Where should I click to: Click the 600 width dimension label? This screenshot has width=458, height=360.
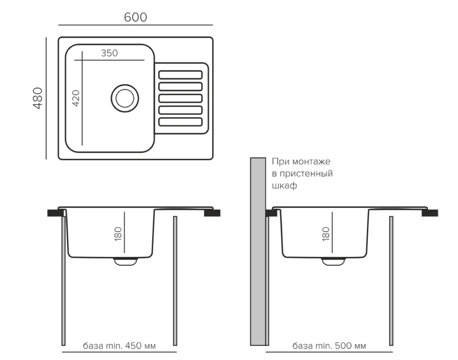click(x=136, y=17)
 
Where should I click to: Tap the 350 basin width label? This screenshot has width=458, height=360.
click(x=109, y=53)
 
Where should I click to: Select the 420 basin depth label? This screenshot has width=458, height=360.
click(x=76, y=98)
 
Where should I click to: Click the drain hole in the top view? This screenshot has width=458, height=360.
click(x=124, y=98)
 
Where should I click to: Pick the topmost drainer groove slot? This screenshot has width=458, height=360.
click(x=180, y=75)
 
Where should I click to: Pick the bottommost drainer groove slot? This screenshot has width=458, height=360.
click(x=180, y=122)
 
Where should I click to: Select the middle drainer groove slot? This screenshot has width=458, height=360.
click(x=180, y=98)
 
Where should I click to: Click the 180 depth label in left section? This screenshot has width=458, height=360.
click(x=118, y=234)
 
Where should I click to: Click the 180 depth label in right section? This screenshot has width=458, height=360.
click(x=326, y=234)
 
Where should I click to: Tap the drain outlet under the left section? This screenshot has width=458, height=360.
click(x=125, y=261)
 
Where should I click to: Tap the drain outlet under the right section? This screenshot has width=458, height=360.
click(x=334, y=261)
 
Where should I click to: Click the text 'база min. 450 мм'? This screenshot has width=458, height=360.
click(x=119, y=346)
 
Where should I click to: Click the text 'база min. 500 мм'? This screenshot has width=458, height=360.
click(x=329, y=346)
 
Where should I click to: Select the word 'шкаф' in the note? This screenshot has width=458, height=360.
click(x=284, y=186)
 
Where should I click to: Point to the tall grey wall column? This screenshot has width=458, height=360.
click(x=258, y=252)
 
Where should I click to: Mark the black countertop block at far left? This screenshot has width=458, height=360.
click(x=55, y=213)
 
